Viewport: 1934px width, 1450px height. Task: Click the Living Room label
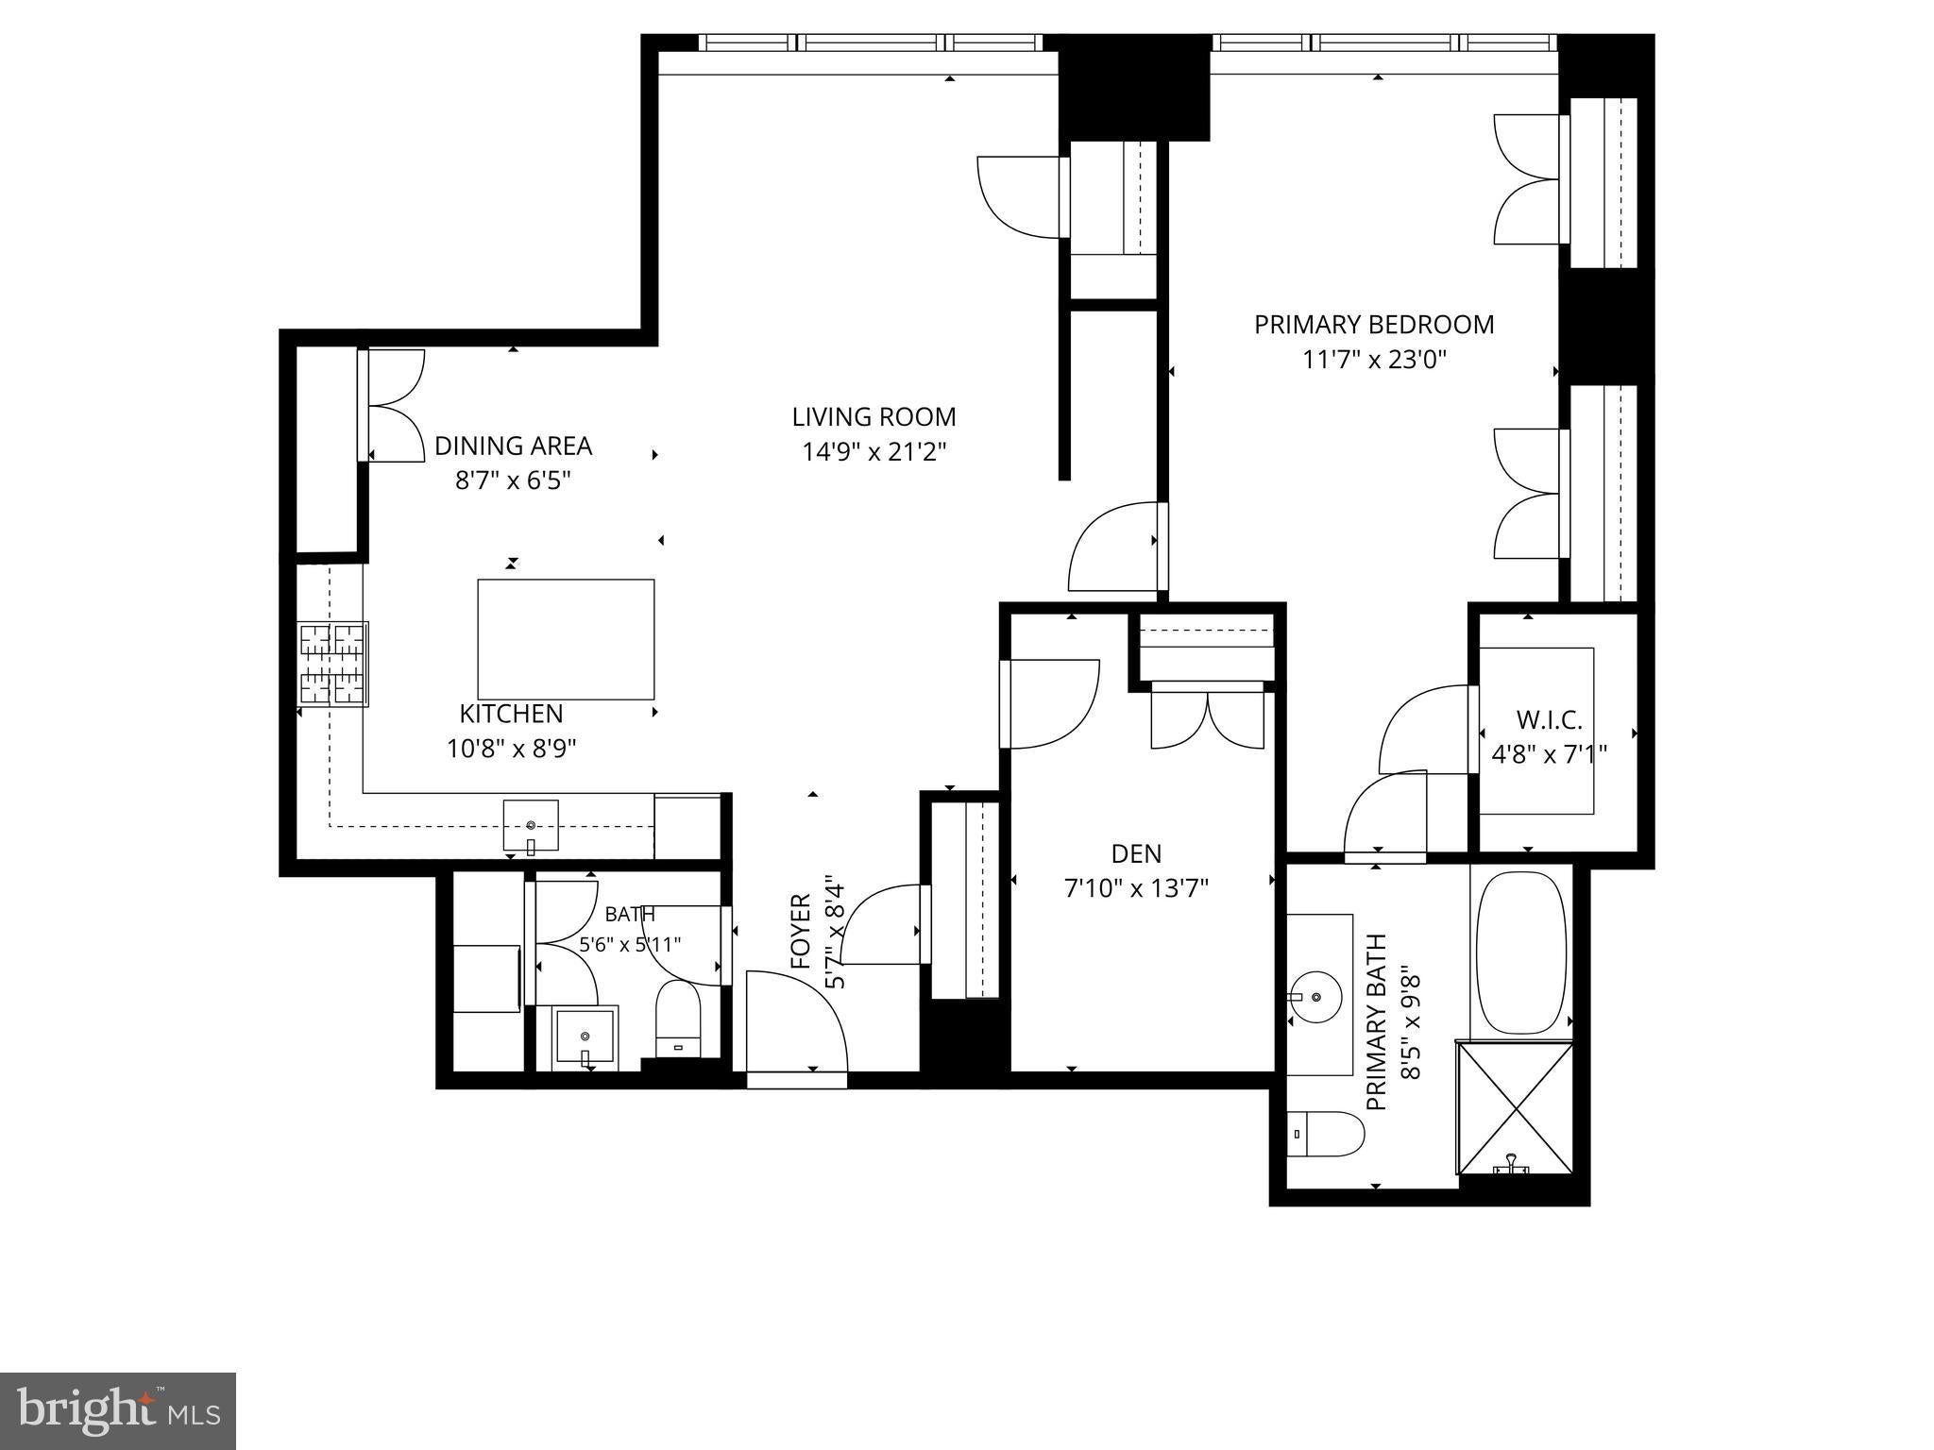874,416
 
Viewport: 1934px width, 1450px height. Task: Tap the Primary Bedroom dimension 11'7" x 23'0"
1374,360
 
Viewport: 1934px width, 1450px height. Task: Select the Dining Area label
513,446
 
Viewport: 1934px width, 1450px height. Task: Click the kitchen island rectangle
566,639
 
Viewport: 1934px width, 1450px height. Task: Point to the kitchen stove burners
333,664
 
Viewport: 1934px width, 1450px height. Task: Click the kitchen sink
530,825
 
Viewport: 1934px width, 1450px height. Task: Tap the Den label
1136,854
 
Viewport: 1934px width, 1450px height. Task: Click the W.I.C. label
1550,720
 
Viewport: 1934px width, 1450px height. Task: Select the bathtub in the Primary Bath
1521,952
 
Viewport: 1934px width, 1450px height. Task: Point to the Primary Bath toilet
1327,1134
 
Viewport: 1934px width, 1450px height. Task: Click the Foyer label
801,932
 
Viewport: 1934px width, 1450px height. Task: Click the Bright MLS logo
118,1411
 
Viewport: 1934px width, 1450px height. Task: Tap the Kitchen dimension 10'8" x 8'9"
512,749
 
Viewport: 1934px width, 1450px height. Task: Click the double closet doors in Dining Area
393,406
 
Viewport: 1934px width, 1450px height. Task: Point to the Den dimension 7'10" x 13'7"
1136,888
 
